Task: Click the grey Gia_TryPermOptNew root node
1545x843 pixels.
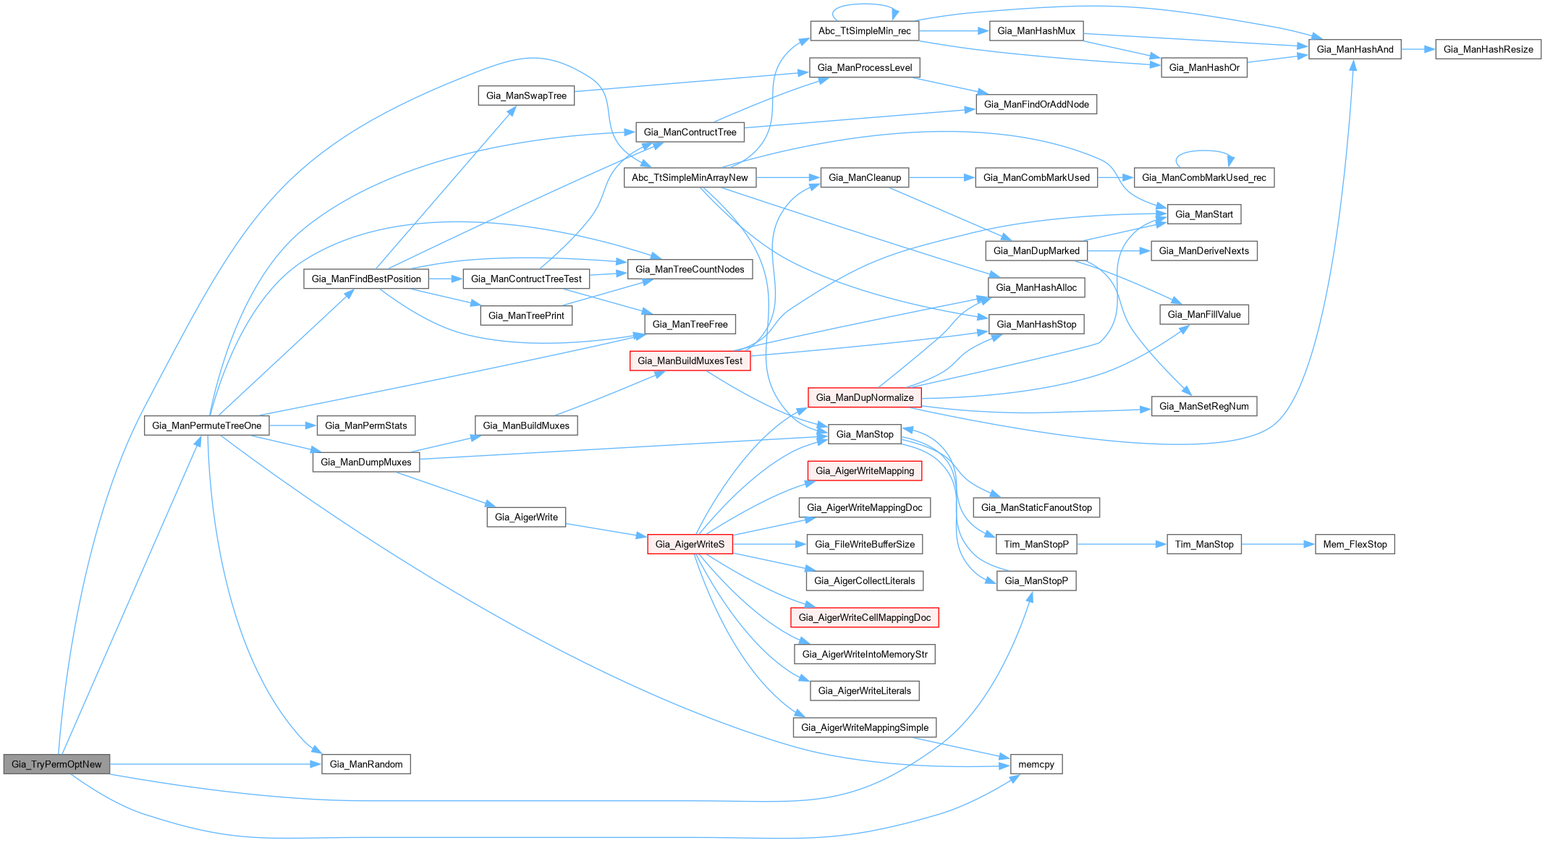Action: point(56,764)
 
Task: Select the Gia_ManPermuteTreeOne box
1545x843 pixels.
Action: point(206,425)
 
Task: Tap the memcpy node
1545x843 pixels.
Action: point(1036,764)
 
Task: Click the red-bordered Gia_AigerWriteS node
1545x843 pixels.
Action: point(690,544)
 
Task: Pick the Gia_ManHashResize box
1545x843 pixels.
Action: point(1488,49)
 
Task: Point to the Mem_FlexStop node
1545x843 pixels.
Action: point(1354,544)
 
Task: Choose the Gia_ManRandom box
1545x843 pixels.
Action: point(365,764)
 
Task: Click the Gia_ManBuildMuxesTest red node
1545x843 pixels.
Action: point(690,360)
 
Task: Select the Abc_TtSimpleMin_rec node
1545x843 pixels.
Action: point(864,30)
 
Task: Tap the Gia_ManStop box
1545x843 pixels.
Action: point(864,434)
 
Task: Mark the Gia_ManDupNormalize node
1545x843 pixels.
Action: point(864,397)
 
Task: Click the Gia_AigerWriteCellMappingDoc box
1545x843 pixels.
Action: point(864,617)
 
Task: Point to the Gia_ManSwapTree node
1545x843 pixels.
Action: point(526,96)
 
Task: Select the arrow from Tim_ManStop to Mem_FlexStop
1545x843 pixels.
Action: point(1278,544)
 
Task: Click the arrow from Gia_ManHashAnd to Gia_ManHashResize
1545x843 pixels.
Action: point(1418,49)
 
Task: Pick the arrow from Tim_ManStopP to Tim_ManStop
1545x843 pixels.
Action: point(1122,544)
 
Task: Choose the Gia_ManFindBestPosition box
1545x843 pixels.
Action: point(365,279)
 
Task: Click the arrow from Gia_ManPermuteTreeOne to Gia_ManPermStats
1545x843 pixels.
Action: point(293,425)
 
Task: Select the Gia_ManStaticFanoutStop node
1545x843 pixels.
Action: point(1036,507)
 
